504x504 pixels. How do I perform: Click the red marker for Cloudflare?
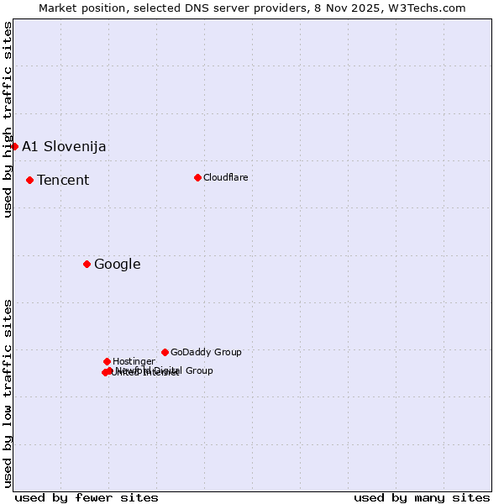tap(197, 177)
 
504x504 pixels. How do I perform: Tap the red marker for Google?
tap(87, 264)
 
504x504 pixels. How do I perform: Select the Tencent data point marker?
tap(29, 180)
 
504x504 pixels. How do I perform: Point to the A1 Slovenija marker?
tap(14, 146)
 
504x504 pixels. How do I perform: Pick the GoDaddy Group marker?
tap(165, 352)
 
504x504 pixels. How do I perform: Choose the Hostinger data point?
tap(107, 361)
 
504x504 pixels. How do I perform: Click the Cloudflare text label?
tap(225, 177)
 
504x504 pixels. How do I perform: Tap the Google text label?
tap(117, 264)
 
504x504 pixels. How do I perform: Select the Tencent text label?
tap(63, 180)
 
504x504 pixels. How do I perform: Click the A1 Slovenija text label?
tap(64, 146)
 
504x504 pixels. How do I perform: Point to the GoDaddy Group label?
tap(206, 352)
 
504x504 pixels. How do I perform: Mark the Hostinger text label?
tap(134, 361)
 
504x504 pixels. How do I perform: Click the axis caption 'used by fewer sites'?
tap(87, 497)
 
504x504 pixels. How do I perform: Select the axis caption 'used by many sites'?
tap(422, 497)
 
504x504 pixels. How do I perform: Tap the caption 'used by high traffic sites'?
tap(8, 119)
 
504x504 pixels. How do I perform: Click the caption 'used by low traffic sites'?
tap(8, 393)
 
